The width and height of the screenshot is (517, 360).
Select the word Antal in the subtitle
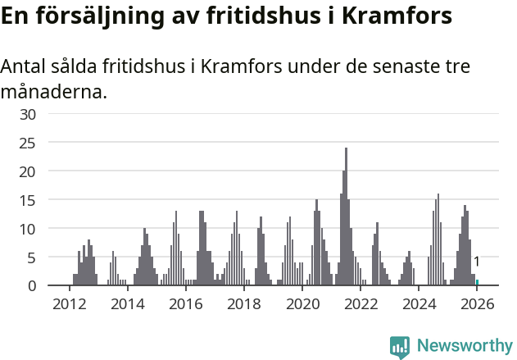coord(24,66)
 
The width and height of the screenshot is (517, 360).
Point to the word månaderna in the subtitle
coord(53,92)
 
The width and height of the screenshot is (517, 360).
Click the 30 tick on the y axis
coord(28,114)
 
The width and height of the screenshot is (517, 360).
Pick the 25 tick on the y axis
coord(28,143)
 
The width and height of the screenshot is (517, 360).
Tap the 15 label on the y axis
coord(28,200)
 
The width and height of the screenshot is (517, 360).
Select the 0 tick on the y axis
coord(32,285)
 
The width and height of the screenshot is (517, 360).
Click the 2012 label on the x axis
coord(69,304)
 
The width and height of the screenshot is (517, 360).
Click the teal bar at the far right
coord(478,283)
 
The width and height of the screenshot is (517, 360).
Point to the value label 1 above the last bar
coord(477,262)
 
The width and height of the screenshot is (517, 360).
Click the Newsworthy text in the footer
coord(464,346)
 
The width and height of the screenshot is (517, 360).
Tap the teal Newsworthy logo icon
coord(400,347)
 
